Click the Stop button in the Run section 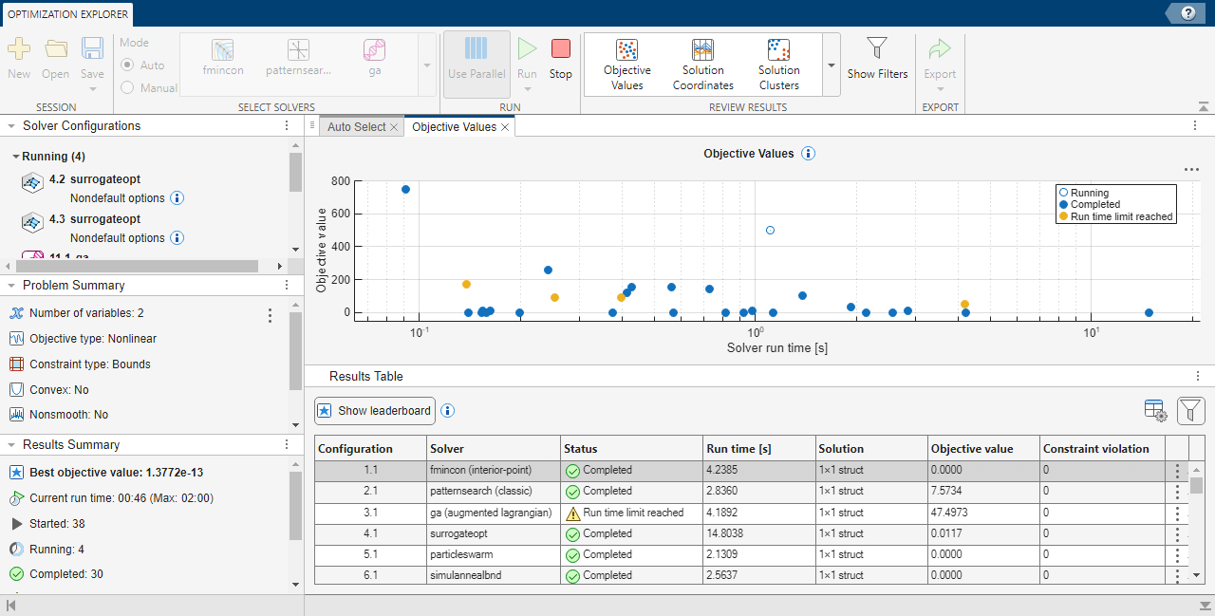tap(560, 58)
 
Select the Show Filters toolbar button tap(877, 58)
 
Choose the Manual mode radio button tap(127, 88)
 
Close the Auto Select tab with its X tap(394, 127)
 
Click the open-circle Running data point tap(770, 231)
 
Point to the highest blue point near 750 tap(405, 189)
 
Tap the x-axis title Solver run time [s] tap(776, 348)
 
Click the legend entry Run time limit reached tap(1121, 216)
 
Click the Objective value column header tap(972, 449)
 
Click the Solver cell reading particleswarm tap(461, 554)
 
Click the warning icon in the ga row tap(572, 513)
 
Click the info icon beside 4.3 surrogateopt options tap(177, 238)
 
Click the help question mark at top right tap(1187, 12)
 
